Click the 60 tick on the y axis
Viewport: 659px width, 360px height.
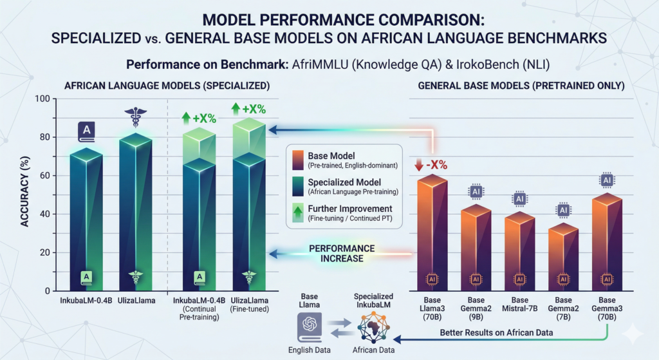pyautogui.click(x=45, y=176)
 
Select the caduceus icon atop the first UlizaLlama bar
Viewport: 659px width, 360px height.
pyautogui.click(x=135, y=120)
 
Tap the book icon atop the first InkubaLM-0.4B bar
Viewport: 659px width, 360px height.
pyautogui.click(x=86, y=132)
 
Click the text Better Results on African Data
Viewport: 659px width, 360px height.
pyautogui.click(x=497, y=332)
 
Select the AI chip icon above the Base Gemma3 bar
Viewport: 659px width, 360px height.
pyautogui.click(x=606, y=180)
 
